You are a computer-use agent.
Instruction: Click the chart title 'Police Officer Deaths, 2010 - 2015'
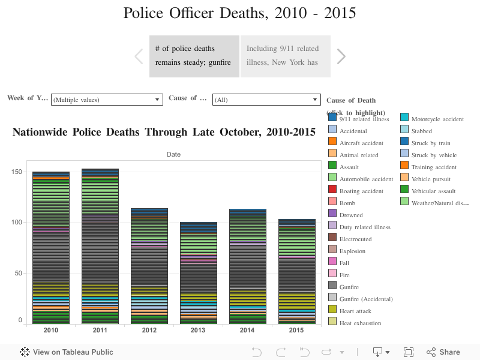(239, 13)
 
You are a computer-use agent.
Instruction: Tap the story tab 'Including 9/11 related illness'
(286, 56)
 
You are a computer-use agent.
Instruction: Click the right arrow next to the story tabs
(341, 56)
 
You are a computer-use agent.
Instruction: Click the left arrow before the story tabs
(139, 56)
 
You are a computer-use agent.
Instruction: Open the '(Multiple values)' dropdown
(107, 100)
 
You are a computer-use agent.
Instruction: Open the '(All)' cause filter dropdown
(266, 100)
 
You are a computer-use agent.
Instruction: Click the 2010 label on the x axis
(50, 331)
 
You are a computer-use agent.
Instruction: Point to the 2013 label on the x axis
(199, 331)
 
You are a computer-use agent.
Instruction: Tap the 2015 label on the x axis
(297, 331)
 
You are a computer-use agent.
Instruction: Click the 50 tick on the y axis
(18, 273)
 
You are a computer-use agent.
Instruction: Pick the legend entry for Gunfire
(349, 287)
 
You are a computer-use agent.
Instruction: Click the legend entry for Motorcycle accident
(437, 119)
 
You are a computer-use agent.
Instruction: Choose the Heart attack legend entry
(355, 311)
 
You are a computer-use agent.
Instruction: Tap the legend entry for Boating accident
(361, 191)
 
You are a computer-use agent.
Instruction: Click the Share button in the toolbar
(443, 352)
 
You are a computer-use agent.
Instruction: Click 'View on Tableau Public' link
(67, 352)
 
